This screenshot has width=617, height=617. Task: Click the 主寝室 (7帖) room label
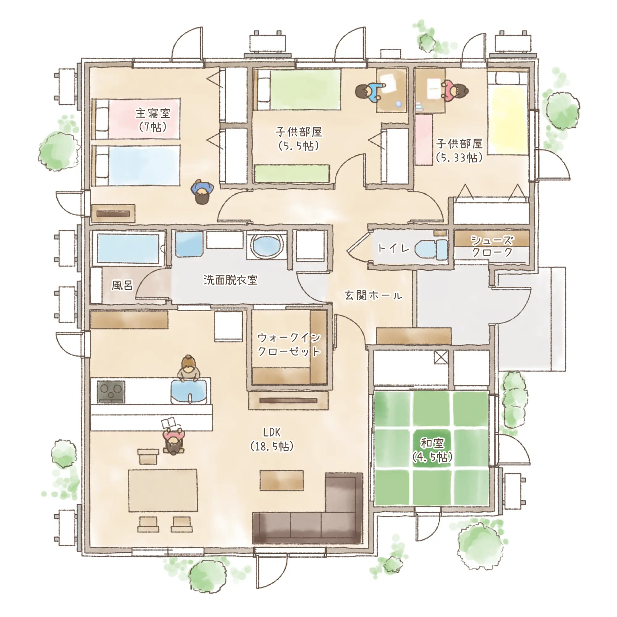[153, 120]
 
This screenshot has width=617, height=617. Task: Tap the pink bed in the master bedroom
[136, 119]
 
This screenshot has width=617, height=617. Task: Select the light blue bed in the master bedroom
[136, 165]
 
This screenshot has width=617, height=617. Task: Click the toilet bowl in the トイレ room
[431, 249]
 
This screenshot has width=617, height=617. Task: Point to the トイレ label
[393, 248]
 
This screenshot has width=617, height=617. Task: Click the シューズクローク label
[492, 246]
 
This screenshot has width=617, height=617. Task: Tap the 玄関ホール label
[373, 295]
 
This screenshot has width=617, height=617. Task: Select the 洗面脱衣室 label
[230, 280]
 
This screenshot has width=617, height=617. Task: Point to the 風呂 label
[122, 285]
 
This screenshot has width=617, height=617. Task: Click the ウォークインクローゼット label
[289, 344]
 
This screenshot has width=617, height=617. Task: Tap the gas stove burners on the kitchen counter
[111, 392]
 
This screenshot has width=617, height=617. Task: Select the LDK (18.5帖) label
[272, 440]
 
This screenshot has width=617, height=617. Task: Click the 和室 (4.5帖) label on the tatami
[432, 451]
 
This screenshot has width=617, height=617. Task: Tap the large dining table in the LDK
[163, 490]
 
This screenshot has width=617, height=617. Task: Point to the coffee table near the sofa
[281, 480]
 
